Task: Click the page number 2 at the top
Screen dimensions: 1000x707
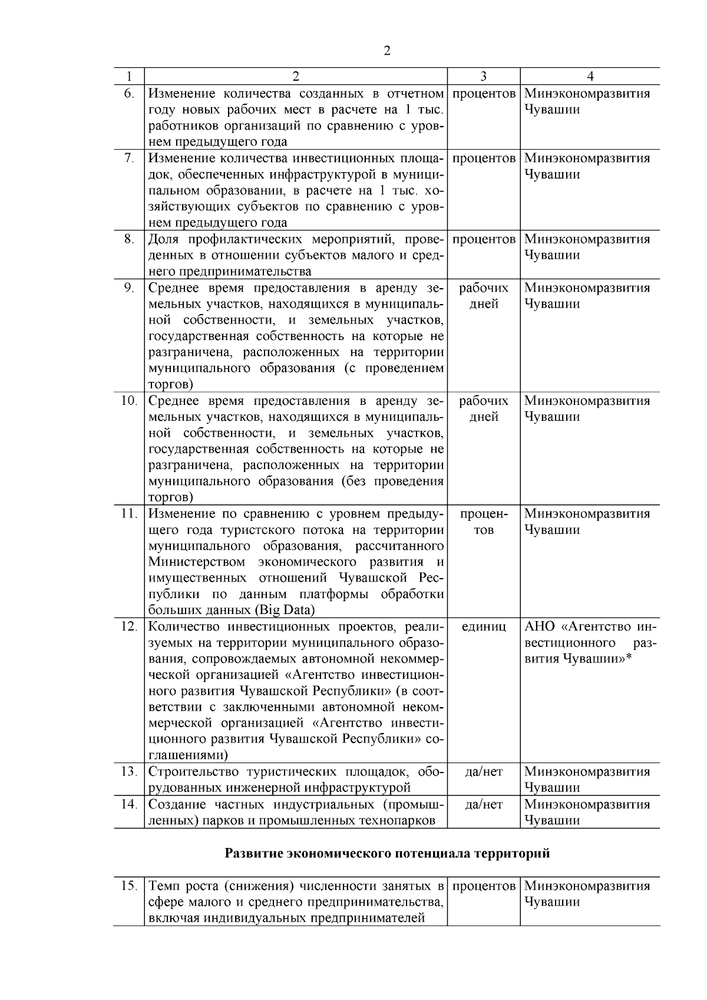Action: (x=386, y=51)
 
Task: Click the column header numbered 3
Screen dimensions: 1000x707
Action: (x=483, y=77)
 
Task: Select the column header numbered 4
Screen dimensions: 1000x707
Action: (x=590, y=77)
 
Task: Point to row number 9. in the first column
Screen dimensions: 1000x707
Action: (x=128, y=288)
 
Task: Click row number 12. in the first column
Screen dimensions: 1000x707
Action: (x=128, y=626)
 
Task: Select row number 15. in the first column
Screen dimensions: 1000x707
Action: (x=128, y=886)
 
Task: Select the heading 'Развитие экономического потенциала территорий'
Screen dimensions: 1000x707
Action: (x=387, y=853)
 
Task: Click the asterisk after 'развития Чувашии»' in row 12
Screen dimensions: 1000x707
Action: (x=629, y=658)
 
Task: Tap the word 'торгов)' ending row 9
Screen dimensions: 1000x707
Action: (x=170, y=385)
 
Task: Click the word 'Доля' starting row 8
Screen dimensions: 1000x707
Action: (x=163, y=239)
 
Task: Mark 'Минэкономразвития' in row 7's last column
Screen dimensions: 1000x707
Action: (x=587, y=159)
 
